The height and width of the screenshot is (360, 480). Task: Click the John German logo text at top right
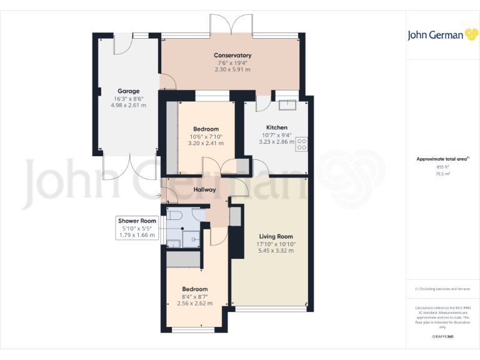436,35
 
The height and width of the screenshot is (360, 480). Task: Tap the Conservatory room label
232,56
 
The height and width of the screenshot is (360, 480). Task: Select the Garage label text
128,91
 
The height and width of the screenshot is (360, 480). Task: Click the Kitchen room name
276,127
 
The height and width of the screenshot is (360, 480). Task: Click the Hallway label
204,189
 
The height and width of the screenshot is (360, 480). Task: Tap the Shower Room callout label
137,221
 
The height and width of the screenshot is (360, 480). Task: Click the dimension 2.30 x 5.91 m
232,70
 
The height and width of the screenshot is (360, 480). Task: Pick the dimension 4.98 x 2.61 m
128,106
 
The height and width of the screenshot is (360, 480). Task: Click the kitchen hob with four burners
302,144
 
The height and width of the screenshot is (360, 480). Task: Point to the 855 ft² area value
442,167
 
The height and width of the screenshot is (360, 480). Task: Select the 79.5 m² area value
442,174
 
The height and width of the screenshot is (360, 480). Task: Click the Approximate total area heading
442,159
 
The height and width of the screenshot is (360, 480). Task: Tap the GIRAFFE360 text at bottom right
442,337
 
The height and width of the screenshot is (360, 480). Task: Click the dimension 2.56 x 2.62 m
194,304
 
